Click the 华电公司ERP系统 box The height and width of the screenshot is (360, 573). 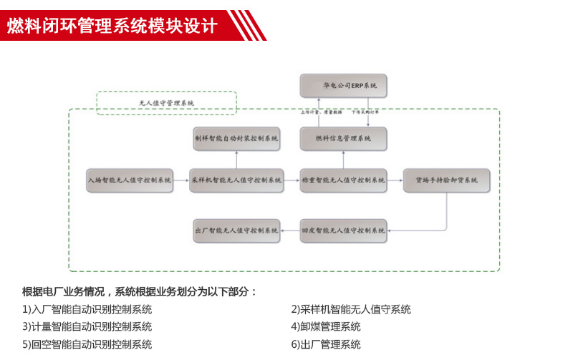pyautogui.click(x=343, y=86)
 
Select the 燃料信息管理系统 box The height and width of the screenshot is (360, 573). pyautogui.click(x=343, y=138)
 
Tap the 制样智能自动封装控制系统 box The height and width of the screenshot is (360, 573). pyautogui.click(x=236, y=138)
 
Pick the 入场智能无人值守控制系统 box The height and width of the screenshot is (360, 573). pyautogui.click(x=130, y=180)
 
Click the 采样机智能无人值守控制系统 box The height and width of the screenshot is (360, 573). pyautogui.click(x=236, y=180)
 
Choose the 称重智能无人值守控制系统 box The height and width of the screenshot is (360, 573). pyautogui.click(x=343, y=180)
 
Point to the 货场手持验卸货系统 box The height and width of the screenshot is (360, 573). pyautogui.click(x=447, y=180)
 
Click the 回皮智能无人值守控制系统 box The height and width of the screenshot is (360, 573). pyautogui.click(x=343, y=230)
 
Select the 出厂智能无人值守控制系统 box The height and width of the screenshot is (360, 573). pyautogui.click(x=236, y=230)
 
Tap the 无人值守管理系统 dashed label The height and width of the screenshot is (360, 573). pyautogui.click(x=166, y=103)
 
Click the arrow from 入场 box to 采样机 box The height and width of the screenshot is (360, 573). pyautogui.click(x=182, y=180)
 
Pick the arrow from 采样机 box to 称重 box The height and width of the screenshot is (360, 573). pyautogui.click(x=290, y=180)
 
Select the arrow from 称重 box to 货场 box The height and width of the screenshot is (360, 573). pyautogui.click(x=395, y=180)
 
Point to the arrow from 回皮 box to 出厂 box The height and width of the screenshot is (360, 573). pyautogui.click(x=290, y=230)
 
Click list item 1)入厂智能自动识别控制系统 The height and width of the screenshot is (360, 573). pyautogui.click(x=87, y=309)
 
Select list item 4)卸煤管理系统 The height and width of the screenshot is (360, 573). pyautogui.click(x=326, y=326)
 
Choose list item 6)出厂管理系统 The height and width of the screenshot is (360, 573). pyautogui.click(x=326, y=344)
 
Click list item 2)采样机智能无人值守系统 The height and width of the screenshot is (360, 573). pyautogui.click(x=351, y=309)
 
